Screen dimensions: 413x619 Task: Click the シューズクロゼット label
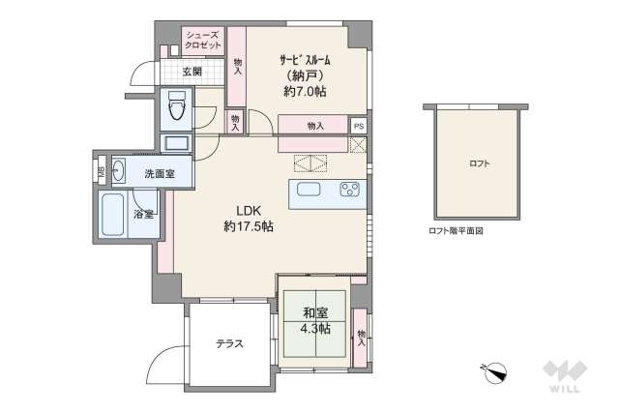[203, 40]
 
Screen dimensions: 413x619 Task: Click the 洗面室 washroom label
[159, 174]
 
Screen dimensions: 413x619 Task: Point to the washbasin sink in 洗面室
[121, 174]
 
